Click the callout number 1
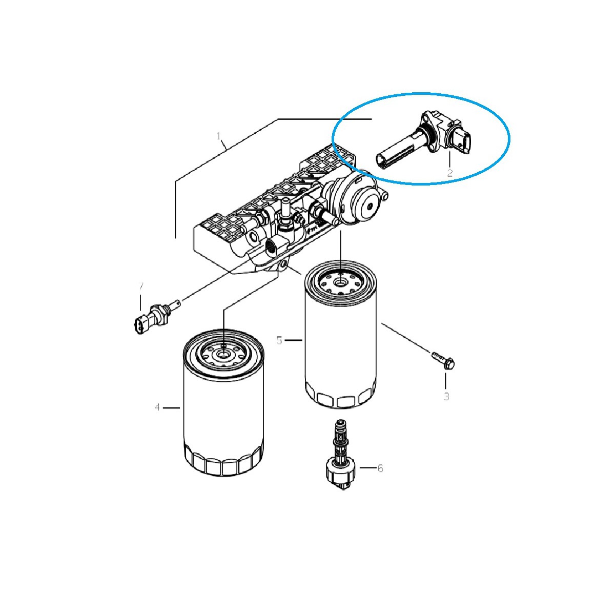pos(218,136)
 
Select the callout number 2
pos(449,173)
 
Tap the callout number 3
pos(446,396)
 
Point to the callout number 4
pos(157,407)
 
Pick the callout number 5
pos(279,340)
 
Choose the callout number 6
pos(380,468)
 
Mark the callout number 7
pos(140,286)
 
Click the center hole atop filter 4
pos(223,354)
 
